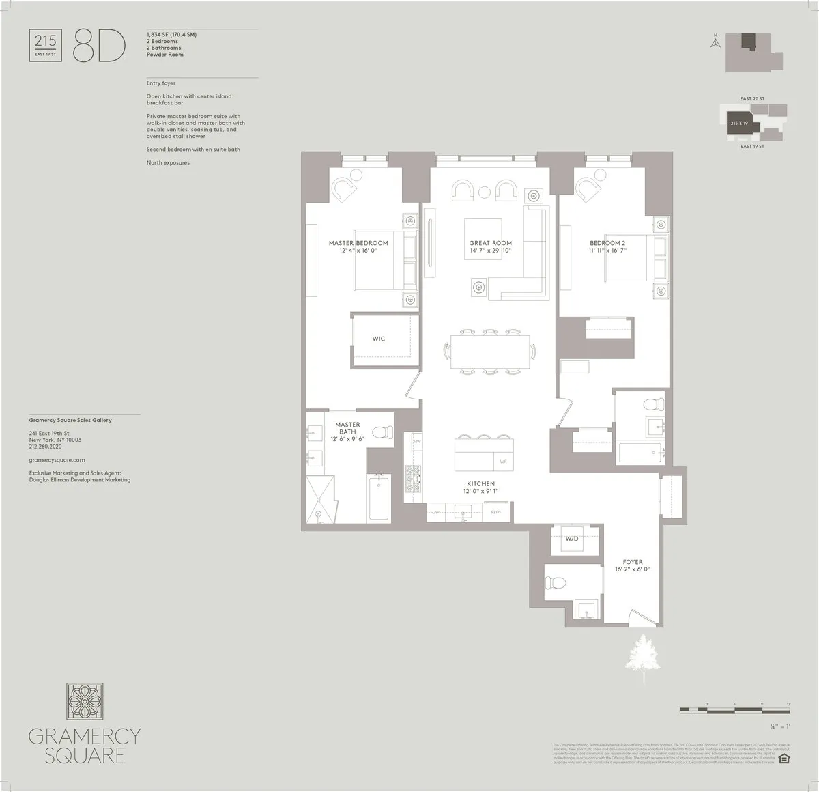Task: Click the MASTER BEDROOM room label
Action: click(358, 243)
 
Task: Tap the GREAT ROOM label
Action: click(490, 243)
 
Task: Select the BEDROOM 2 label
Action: click(607, 243)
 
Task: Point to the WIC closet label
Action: click(379, 339)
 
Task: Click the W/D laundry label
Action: click(571, 539)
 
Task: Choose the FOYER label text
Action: click(633, 563)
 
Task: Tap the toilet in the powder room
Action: click(554, 582)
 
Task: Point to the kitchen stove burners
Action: click(413, 478)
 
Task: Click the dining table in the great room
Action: click(489, 352)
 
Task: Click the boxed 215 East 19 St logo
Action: click(46, 45)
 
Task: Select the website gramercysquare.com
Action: click(57, 461)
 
